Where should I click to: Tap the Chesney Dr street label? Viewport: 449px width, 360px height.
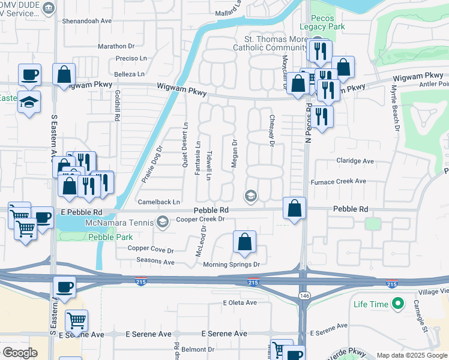point(271,130)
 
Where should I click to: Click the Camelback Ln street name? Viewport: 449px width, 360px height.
point(159,202)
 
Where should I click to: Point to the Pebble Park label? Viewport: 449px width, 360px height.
point(102,238)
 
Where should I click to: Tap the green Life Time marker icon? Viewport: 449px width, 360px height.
point(396,304)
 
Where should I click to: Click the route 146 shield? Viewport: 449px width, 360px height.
point(304,295)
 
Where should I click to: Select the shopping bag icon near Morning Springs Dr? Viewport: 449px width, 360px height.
point(244,243)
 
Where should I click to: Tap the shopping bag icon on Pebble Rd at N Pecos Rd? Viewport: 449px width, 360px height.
point(294,209)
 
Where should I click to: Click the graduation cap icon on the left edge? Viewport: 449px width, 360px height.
point(29,101)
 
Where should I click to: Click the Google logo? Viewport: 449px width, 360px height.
point(20,353)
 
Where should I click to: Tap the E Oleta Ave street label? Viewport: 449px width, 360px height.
point(240,302)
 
